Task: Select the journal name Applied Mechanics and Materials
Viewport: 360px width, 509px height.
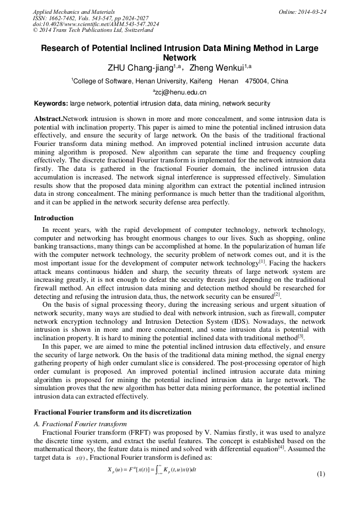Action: pyautogui.click(x=74, y=12)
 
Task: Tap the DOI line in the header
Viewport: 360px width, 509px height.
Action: pyautogui.click(x=96, y=24)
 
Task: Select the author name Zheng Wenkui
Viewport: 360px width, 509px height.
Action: pyautogui.click(x=213, y=68)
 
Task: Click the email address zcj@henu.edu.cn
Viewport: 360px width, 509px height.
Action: pyautogui.click(x=181, y=92)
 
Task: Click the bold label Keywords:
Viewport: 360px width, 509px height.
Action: pyautogui.click(x=51, y=103)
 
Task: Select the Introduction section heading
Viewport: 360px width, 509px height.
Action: pyautogui.click(x=54, y=218)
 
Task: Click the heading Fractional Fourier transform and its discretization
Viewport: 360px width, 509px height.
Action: pyautogui.click(x=113, y=412)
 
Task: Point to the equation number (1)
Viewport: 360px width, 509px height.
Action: pyautogui.click(x=320, y=473)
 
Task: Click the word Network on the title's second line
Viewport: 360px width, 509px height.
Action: pyautogui.click(x=179, y=57)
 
